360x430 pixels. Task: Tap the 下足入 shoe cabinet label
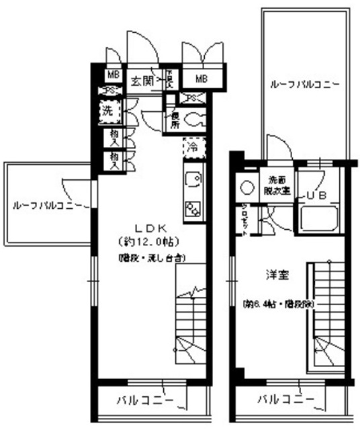click(171, 81)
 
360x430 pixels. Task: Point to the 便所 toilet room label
click(173, 120)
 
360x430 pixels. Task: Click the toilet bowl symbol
click(194, 122)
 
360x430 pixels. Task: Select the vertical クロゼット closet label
click(245, 216)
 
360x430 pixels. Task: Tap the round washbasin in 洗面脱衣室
click(245, 188)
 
